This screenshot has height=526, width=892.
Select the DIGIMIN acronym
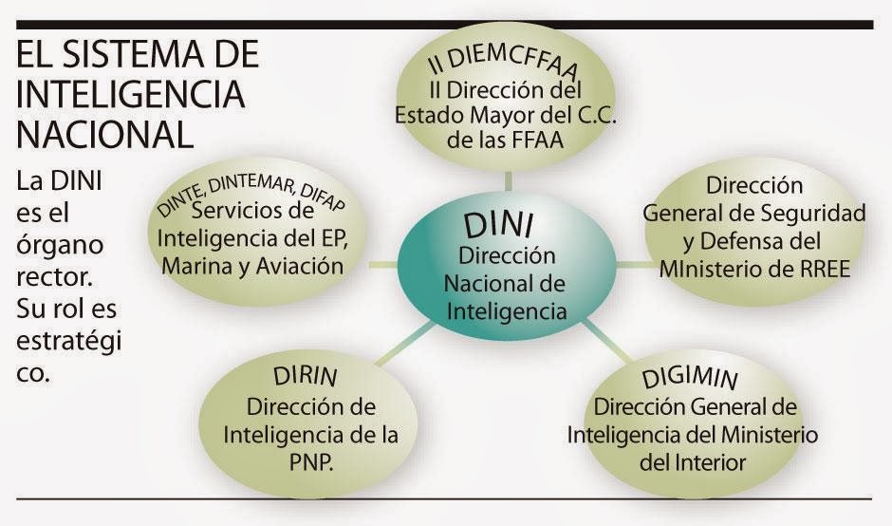pyautogui.click(x=690, y=376)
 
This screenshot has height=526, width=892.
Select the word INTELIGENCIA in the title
pyautogui.click(x=131, y=95)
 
